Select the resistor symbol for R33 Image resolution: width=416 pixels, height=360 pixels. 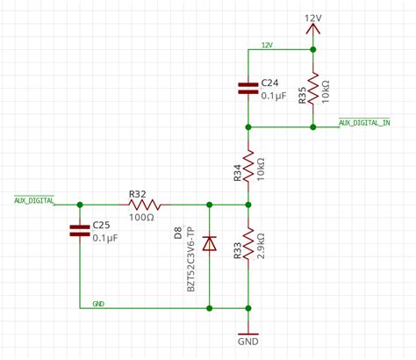tap(249, 245)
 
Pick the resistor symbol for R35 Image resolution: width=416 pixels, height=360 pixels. tap(313, 86)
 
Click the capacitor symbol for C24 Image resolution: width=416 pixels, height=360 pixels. tap(249, 87)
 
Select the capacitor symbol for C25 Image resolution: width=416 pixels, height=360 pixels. tap(80, 230)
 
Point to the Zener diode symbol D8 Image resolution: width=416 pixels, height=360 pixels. tap(209, 243)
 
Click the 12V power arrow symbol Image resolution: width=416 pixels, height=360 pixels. tap(313, 30)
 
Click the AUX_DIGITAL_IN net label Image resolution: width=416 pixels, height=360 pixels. tap(364, 122)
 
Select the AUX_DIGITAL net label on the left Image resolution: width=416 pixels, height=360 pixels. tap(34, 199)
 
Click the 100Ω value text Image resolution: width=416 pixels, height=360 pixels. tap(141, 216)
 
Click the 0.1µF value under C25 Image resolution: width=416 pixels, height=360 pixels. tap(106, 237)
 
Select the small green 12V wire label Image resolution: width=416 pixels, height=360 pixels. tap(267, 43)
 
